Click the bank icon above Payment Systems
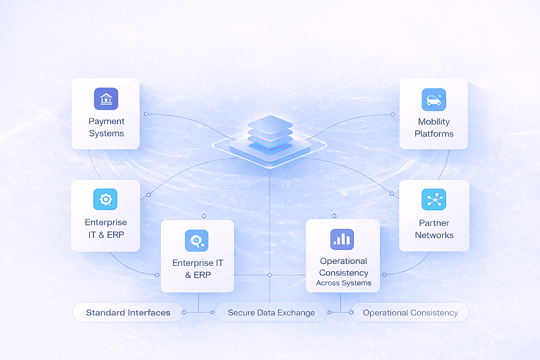point(106,99)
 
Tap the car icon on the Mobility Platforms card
point(434,100)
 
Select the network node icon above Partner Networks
point(434,199)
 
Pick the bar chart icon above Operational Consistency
point(342,239)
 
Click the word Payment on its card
point(107,121)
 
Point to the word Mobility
point(434,122)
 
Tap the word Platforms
point(434,134)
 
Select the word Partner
point(434,223)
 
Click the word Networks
point(434,235)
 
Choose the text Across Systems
point(343,283)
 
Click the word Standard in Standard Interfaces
point(105,313)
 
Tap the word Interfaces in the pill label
point(149,313)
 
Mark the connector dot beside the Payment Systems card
point(146,114)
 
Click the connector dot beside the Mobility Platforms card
point(393,115)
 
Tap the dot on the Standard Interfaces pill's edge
point(184,312)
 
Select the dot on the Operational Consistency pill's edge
point(351,312)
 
